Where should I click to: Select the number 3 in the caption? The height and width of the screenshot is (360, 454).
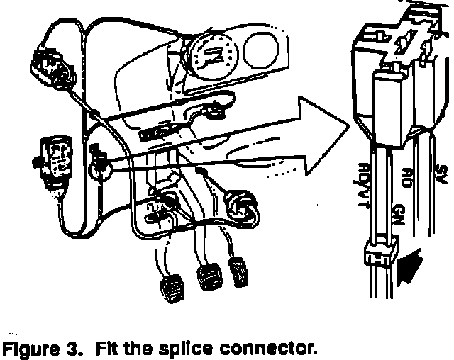(x=69, y=349)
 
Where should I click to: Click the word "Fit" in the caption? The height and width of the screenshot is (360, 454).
(x=104, y=349)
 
